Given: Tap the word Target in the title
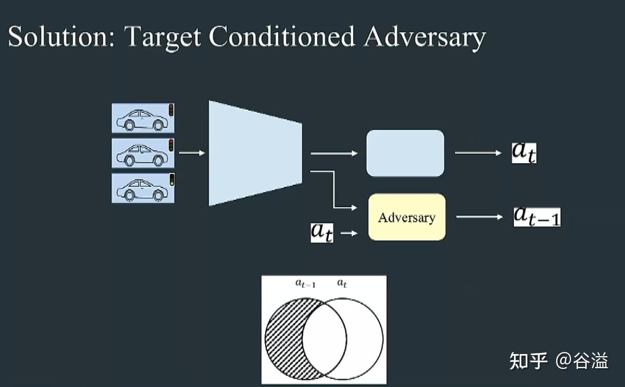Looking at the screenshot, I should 162,37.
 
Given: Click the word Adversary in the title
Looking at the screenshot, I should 424,37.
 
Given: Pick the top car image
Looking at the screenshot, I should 143,118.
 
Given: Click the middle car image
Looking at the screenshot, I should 143,153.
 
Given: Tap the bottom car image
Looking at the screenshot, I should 143,188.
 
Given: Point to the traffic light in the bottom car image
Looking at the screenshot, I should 172,180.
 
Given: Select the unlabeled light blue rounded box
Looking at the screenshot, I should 405,153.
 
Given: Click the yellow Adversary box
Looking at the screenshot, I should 407,217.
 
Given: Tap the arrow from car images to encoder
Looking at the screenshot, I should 191,153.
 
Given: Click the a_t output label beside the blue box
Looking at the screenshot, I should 524,152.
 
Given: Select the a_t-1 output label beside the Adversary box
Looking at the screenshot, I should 537,216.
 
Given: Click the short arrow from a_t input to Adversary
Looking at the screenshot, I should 349,233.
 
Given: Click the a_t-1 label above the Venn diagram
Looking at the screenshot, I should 305,283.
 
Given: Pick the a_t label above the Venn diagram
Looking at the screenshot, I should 342,283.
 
